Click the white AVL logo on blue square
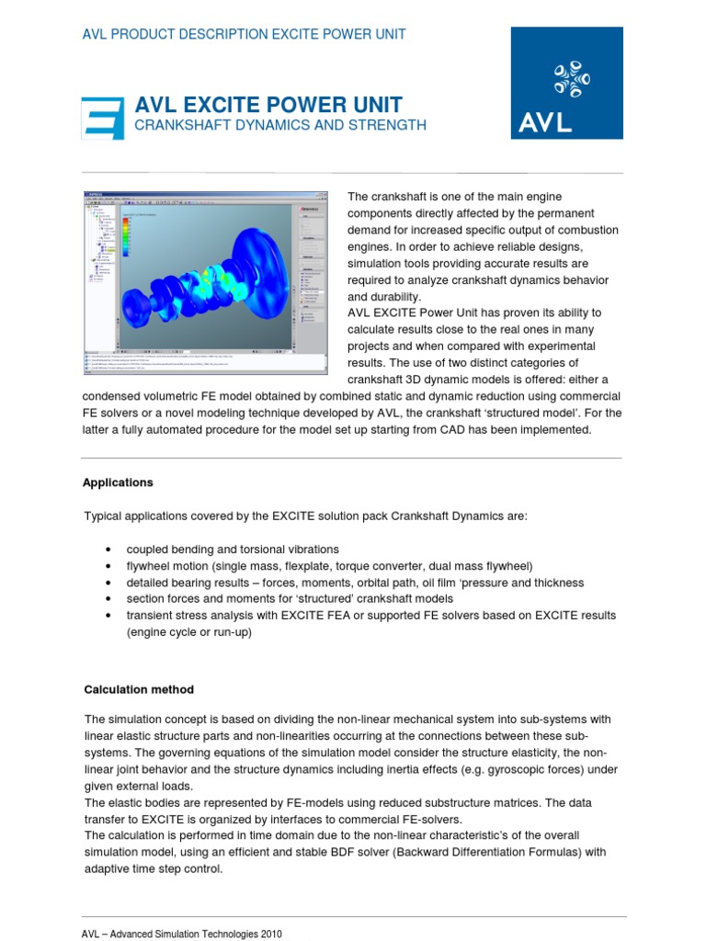pyautogui.click(x=566, y=83)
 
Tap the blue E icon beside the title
pyautogui.click(x=102, y=118)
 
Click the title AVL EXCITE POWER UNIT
pyautogui.click(x=268, y=104)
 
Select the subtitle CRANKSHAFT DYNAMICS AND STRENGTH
pyautogui.click(x=280, y=125)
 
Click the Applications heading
pyautogui.click(x=118, y=482)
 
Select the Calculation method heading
pyautogui.click(x=139, y=689)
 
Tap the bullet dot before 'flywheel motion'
pyautogui.click(x=109, y=566)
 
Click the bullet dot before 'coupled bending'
pyautogui.click(x=109, y=550)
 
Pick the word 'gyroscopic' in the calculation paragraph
pyautogui.click(x=524, y=768)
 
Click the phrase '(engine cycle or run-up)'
pyautogui.click(x=188, y=632)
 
